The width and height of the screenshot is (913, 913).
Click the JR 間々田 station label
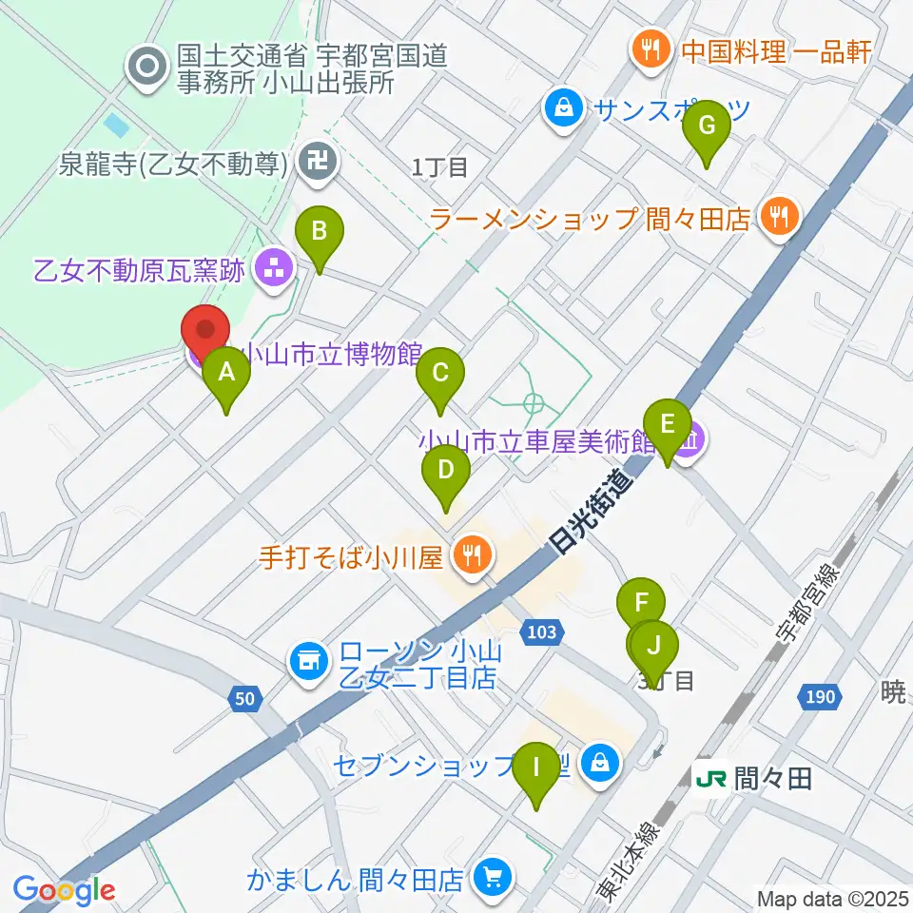pos(753,779)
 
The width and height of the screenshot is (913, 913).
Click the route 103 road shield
pos(544,631)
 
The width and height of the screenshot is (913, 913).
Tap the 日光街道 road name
pos(591,515)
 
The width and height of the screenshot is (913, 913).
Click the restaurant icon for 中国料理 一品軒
pos(651,50)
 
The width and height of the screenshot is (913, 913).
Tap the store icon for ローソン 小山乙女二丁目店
pos(308,663)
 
